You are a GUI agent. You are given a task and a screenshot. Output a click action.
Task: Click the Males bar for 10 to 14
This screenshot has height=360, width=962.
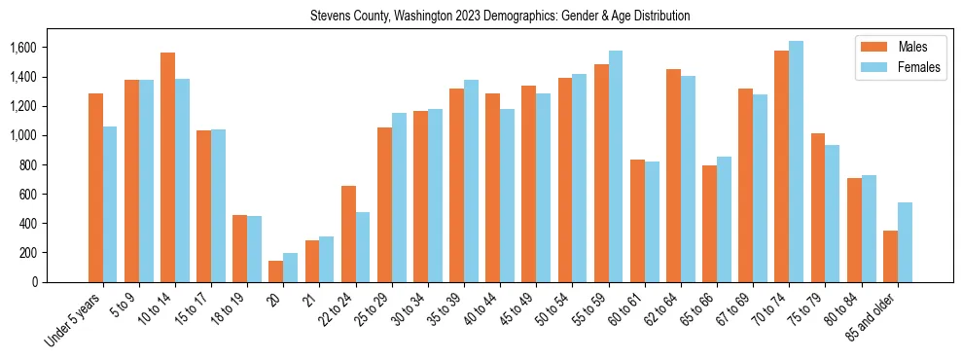pos(167,167)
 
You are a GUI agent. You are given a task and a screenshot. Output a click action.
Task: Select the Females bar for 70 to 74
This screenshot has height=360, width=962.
pos(796,162)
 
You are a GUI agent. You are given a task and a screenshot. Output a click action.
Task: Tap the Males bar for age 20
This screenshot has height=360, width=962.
pos(275,271)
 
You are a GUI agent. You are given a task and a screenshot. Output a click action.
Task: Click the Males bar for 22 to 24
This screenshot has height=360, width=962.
pos(348,234)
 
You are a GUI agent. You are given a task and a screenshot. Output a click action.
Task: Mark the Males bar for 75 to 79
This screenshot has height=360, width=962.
pos(818,207)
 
